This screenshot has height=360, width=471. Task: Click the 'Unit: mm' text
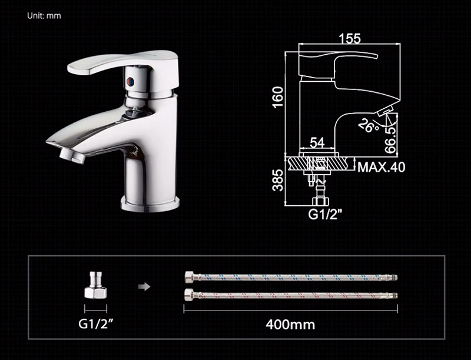[x=44, y=16]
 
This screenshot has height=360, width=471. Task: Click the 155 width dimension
[x=350, y=39]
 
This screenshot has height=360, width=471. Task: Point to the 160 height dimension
[x=278, y=96]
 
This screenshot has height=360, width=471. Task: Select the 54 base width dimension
[x=317, y=142]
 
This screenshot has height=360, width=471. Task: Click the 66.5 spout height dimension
[x=391, y=139]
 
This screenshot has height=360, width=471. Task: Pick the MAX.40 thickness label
[x=381, y=167]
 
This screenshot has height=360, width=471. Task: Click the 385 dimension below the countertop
[x=278, y=180]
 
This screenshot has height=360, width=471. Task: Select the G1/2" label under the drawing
[x=326, y=214]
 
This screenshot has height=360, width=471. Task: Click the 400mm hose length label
[x=290, y=324]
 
